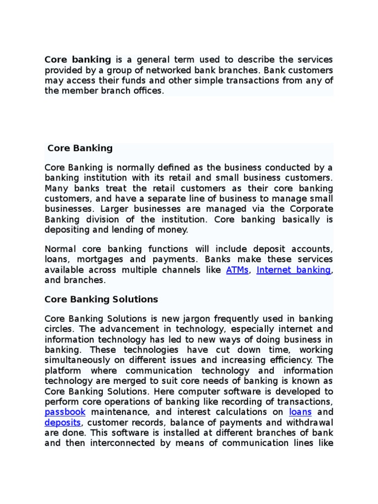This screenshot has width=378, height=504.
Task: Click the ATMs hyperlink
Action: pos(237,270)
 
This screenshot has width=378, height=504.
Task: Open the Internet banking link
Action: pos(293,270)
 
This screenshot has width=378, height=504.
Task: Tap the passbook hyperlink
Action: pos(65,411)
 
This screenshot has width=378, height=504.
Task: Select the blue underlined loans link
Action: pos(300,411)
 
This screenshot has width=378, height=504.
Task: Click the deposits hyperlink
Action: pos(63,422)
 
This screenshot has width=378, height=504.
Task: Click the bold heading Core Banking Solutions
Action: pos(101,299)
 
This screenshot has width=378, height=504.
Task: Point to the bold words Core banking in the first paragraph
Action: pos(77,60)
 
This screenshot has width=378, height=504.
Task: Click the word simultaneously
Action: pos(77,360)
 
